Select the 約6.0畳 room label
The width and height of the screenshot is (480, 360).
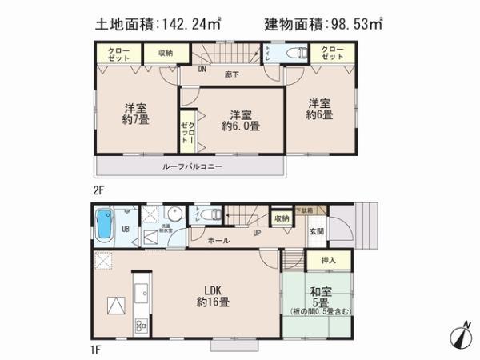pyautogui.click(x=241, y=119)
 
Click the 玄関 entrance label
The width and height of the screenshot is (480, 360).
pyautogui.click(x=318, y=231)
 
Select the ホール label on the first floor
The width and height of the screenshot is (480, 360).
pyautogui.click(x=219, y=240)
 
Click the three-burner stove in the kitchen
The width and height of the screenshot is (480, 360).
pyautogui.click(x=140, y=325)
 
